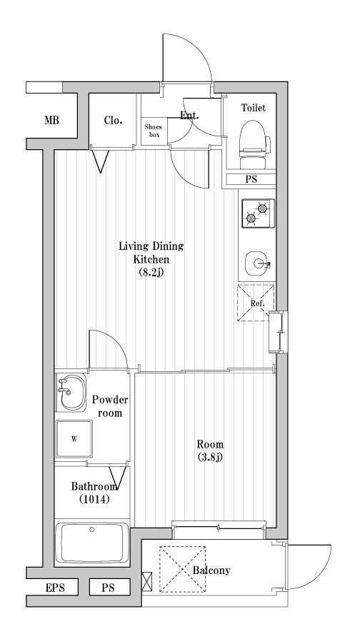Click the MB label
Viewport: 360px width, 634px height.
[51, 121]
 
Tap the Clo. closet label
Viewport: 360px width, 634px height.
[113, 120]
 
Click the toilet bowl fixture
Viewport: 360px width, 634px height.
[253, 139]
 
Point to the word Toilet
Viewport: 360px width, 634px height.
[253, 108]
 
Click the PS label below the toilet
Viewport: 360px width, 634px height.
[251, 180]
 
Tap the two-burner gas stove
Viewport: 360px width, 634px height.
[258, 213]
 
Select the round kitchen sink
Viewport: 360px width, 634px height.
[257, 263]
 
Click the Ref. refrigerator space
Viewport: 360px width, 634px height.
[256, 303]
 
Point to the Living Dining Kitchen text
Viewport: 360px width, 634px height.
[151, 253]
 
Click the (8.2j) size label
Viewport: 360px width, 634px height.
[151, 272]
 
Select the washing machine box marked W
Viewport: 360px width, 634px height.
[74, 439]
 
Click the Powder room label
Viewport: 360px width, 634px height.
[109, 406]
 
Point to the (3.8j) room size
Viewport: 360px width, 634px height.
[209, 457]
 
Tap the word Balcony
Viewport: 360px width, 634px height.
[211, 570]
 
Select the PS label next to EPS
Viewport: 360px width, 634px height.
[109, 588]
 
